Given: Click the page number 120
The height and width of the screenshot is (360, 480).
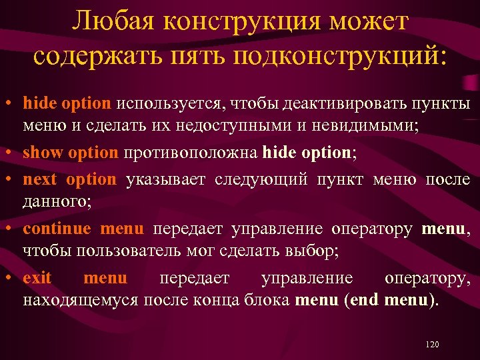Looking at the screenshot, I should click(431, 345).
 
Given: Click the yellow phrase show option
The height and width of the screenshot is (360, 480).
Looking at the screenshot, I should click(70, 152).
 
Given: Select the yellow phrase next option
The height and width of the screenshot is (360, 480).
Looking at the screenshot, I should click(69, 179).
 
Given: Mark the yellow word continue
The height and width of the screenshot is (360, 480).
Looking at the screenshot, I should click(57, 229).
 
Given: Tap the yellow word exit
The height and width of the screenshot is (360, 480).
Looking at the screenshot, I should click(37, 278).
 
